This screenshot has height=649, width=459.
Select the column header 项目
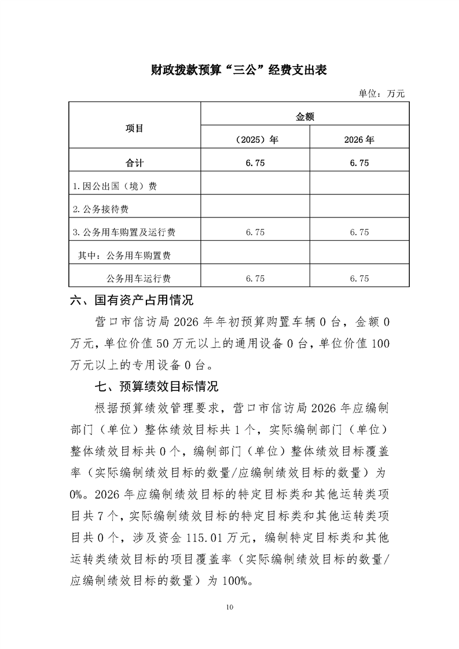[134, 128]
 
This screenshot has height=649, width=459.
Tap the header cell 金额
[305, 116]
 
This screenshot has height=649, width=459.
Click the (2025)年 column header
[255, 139]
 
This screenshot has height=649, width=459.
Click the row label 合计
[134, 163]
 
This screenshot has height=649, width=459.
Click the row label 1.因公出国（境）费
[114, 186]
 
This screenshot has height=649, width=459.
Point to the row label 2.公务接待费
[104, 209]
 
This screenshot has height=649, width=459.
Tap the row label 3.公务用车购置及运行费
[124, 233]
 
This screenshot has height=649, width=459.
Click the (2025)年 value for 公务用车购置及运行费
[255, 233]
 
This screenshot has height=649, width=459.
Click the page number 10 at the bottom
[230, 607]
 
